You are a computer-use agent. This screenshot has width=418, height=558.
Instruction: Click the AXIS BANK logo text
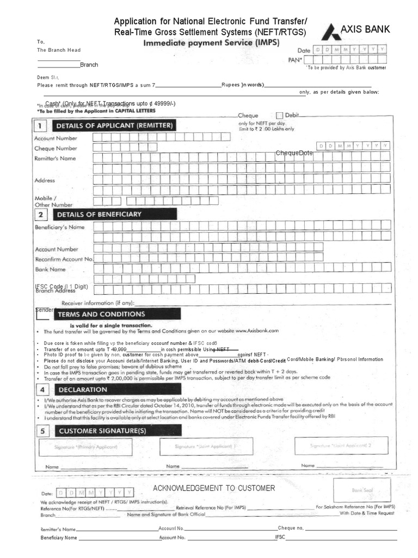[365, 29]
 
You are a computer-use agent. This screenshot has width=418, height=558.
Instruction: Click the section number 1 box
[40, 126]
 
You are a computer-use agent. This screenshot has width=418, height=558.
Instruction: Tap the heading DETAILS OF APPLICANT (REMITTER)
[115, 126]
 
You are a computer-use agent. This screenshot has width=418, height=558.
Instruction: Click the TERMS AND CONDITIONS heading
[101, 314]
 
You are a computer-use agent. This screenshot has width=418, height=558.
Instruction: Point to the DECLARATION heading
[83, 390]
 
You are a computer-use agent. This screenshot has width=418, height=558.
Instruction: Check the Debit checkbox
[280, 116]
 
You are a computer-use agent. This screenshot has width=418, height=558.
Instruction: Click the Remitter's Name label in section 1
[56, 159]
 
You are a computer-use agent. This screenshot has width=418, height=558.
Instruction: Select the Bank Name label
[50, 269]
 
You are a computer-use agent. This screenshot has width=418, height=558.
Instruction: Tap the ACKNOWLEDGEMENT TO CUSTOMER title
[214, 488]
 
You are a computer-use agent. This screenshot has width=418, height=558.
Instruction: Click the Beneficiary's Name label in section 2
[60, 227]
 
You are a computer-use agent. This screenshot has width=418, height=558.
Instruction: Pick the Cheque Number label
[56, 148]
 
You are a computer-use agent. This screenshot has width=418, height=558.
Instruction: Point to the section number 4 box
[40, 390]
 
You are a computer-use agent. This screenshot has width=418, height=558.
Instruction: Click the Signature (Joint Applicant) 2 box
[341, 445]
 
